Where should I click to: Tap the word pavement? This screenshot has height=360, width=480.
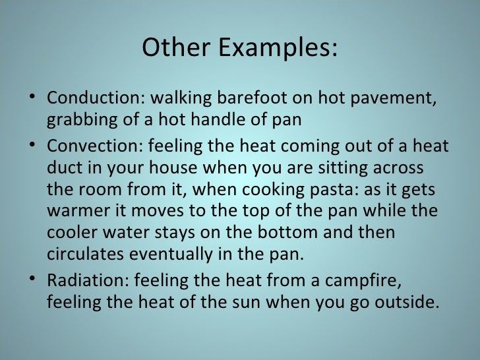tap(396, 100)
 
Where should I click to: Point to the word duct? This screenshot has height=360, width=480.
tap(62, 167)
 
